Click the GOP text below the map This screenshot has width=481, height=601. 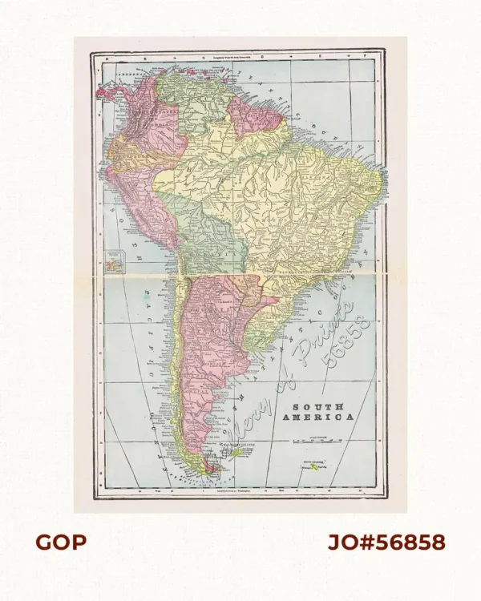[x=60, y=543]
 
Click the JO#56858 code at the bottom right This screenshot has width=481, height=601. [x=386, y=543]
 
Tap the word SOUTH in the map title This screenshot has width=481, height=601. [x=320, y=406]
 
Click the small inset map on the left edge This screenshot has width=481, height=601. [x=116, y=261]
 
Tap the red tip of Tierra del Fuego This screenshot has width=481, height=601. [x=210, y=467]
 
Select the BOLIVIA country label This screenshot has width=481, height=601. [x=210, y=240]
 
